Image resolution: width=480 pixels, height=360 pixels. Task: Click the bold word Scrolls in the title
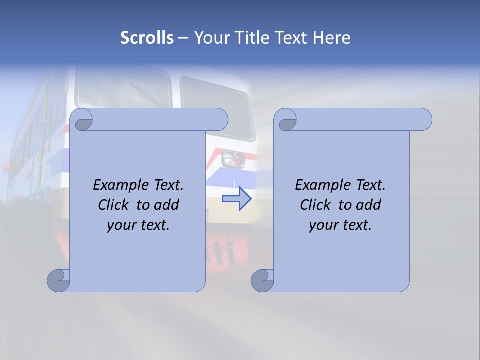[x=147, y=38]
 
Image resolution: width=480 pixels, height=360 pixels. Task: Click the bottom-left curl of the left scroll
[x=58, y=281]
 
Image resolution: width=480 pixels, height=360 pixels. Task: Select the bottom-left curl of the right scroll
[x=262, y=281]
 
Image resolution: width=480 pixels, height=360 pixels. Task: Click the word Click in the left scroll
[x=114, y=205]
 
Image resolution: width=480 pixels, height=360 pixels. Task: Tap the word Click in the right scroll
[x=316, y=205]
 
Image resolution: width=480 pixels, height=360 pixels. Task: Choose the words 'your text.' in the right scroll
[x=340, y=225]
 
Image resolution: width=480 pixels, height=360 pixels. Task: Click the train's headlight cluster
[x=233, y=159]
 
